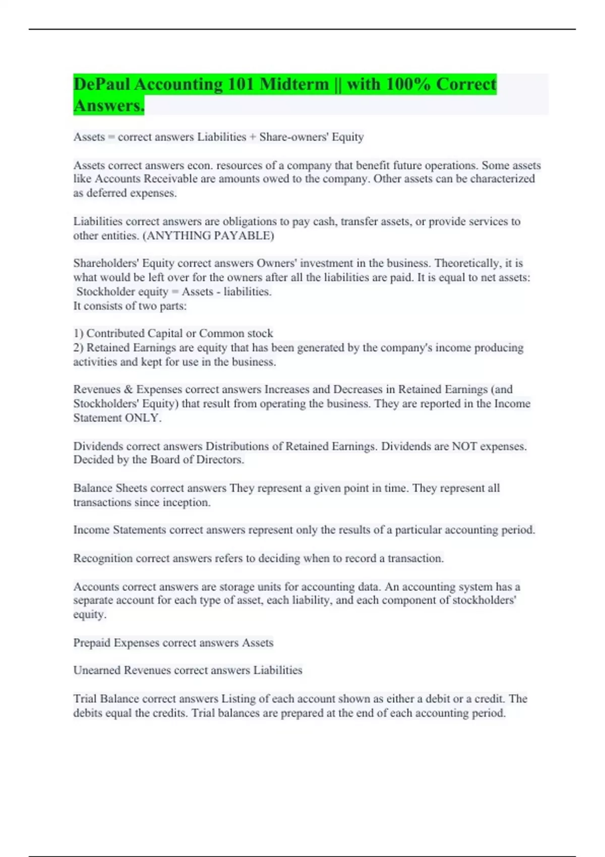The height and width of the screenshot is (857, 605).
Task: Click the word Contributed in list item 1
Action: (115, 333)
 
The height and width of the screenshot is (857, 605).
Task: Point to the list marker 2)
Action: (79, 347)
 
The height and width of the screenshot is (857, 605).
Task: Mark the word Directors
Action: (220, 460)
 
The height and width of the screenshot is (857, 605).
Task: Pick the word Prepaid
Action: (92, 643)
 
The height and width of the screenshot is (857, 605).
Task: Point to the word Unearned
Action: (96, 670)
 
